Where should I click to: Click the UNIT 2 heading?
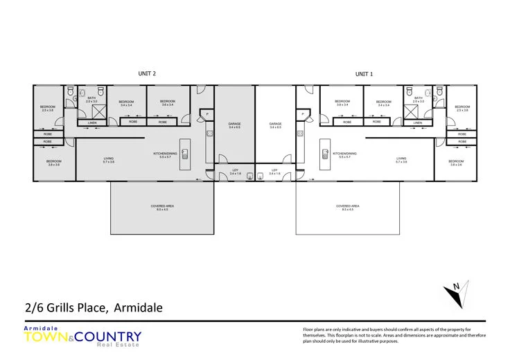pyautogui.click(x=147, y=73)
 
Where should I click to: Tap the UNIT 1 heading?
pyautogui.click(x=364, y=73)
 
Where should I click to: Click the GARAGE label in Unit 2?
pyautogui.click(x=234, y=125)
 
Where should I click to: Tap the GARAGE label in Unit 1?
pyautogui.click(x=275, y=125)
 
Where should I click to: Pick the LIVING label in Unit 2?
pyautogui.click(x=109, y=159)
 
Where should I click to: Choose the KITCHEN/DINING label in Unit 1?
pyautogui.click(x=344, y=154)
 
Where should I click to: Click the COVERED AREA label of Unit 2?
pyautogui.click(x=161, y=206)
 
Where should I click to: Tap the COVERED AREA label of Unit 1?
pyautogui.click(x=347, y=206)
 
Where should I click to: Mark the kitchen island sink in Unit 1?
pyautogui.click(x=324, y=155)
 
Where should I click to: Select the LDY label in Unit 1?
pyautogui.click(x=274, y=171)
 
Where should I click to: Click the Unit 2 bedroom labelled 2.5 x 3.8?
pyautogui.click(x=47, y=108)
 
